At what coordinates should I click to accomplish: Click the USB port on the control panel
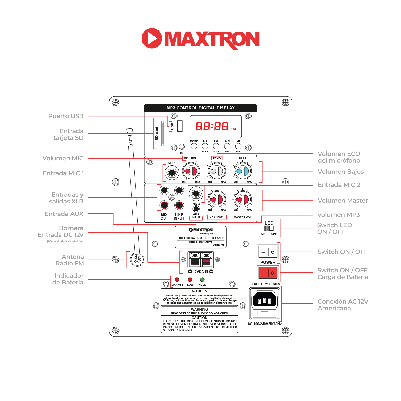click(180, 126)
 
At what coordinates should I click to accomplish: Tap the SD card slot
click(162, 133)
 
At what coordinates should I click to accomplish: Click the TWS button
click(227, 146)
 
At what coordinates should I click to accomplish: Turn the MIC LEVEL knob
click(191, 171)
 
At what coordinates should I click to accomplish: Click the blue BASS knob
click(243, 171)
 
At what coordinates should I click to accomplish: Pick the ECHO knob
click(217, 171)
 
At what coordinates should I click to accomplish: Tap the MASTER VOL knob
click(243, 199)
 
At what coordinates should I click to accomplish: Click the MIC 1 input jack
click(172, 173)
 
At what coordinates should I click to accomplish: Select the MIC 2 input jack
click(196, 194)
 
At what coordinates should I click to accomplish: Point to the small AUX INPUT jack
click(196, 209)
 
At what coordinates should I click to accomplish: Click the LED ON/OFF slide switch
click(269, 228)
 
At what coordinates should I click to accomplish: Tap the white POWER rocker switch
click(268, 252)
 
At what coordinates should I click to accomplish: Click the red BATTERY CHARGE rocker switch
click(268, 273)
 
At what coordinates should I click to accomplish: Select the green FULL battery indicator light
click(202, 280)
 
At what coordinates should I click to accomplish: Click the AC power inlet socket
click(264, 299)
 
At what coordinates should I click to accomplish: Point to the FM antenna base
click(137, 259)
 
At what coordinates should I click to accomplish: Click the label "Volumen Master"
click(342, 200)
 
